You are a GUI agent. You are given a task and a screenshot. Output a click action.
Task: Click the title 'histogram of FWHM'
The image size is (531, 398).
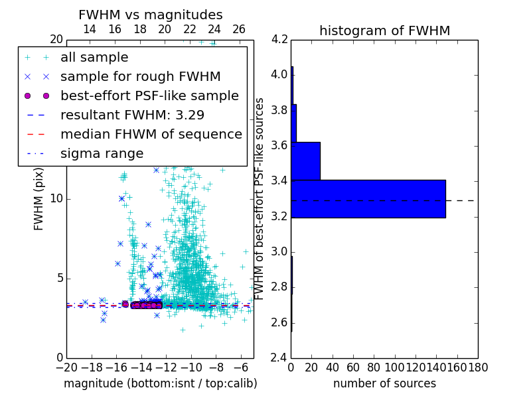click(384, 31)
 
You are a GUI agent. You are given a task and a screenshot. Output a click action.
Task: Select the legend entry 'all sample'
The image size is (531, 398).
click(94, 58)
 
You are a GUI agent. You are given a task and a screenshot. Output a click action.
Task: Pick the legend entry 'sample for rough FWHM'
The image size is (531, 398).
click(140, 76)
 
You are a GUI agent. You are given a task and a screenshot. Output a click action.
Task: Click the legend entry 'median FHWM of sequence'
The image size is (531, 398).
click(151, 134)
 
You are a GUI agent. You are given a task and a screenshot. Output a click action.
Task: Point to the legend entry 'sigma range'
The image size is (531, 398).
click(102, 153)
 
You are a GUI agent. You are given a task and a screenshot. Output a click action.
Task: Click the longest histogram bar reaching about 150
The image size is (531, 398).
click(368, 199)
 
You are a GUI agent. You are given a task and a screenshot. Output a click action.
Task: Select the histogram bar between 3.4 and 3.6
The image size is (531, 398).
click(306, 161)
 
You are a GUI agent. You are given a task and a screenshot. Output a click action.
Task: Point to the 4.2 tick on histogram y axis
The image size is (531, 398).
click(279, 39)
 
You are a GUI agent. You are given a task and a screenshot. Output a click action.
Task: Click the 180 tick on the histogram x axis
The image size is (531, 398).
click(478, 367)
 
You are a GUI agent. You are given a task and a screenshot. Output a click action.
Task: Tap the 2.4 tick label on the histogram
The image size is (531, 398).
click(279, 358)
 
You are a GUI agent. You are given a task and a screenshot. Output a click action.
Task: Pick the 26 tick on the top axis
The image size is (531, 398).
click(239, 30)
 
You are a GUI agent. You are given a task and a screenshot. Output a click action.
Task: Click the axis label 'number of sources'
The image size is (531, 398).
click(384, 383)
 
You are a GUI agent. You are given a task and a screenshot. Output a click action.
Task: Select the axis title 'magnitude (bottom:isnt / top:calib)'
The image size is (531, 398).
click(160, 383)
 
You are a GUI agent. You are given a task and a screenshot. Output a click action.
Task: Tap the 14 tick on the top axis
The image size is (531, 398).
click(90, 30)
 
